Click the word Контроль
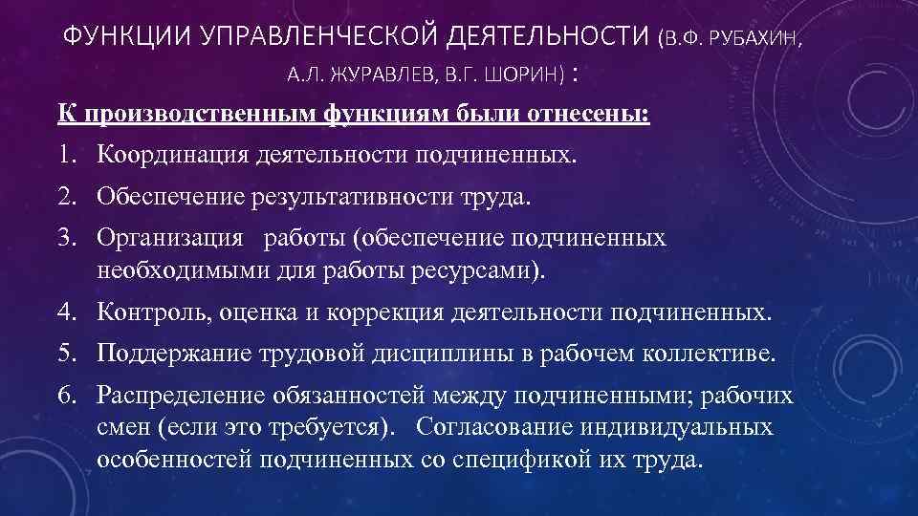[x=154, y=312]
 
